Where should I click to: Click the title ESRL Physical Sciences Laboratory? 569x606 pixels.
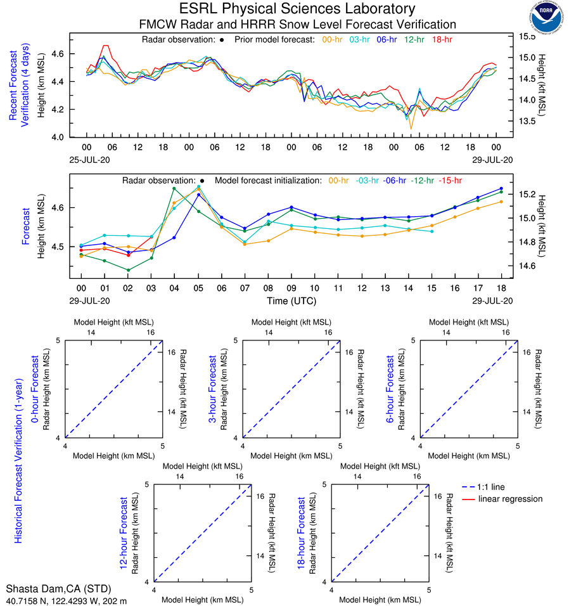297,9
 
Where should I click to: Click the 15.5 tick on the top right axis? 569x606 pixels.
528,37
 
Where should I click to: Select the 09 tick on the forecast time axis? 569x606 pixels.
291,288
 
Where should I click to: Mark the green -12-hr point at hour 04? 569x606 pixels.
174,188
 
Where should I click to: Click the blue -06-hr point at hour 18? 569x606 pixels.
501,188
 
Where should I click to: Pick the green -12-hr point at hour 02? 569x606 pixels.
128,270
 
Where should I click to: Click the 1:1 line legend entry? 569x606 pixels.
492,487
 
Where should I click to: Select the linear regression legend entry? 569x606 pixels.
510,499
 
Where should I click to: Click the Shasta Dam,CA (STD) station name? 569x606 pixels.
50,590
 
